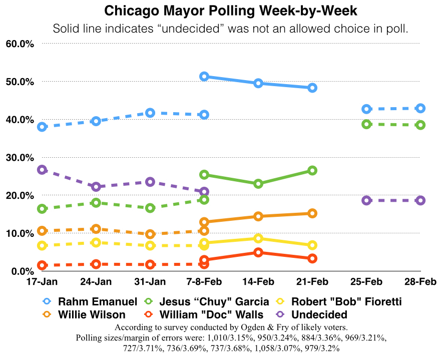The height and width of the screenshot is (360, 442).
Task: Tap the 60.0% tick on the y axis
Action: [20, 44]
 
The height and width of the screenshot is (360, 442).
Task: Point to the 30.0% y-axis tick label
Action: [20, 157]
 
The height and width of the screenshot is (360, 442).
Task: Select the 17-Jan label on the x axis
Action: [42, 281]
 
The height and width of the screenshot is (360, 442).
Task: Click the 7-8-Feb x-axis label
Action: [204, 281]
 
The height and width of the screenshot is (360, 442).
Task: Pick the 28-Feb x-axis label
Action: [420, 281]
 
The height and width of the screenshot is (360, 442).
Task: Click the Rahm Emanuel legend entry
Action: [97, 302]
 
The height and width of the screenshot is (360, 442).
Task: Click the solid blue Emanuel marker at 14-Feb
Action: [258, 83]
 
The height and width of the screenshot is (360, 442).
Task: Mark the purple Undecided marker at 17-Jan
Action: [42, 170]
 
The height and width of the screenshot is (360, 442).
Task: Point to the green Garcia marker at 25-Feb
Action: [366, 124]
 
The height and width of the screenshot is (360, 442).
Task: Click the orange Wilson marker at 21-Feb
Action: [312, 213]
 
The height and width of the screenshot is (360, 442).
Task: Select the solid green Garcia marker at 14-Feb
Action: [258, 184]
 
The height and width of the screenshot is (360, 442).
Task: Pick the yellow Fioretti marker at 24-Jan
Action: [96, 242]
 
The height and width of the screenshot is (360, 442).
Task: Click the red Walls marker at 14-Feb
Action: [258, 252]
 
